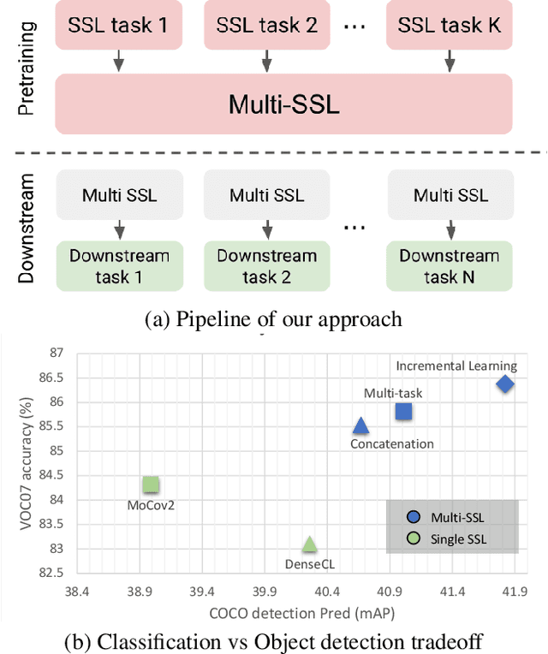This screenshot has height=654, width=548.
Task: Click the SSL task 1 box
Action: pyautogui.click(x=119, y=25)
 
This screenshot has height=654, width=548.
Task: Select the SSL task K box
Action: pyautogui.click(x=450, y=25)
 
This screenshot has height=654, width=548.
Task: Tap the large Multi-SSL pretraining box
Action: pyautogui.click(x=284, y=104)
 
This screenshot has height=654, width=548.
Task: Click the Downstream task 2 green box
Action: pyautogui.click(x=266, y=265)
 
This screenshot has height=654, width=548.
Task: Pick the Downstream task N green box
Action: pyautogui.click(x=450, y=265)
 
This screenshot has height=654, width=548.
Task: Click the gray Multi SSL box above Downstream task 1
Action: pyautogui.click(x=119, y=194)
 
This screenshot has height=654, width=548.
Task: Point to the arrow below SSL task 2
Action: pyautogui.click(x=266, y=60)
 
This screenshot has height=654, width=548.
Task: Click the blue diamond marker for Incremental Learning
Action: pyautogui.click(x=505, y=383)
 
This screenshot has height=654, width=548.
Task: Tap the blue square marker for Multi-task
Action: pyautogui.click(x=403, y=411)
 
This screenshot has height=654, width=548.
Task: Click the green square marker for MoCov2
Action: pyautogui.click(x=151, y=485)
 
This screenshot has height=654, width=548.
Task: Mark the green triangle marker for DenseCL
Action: pyautogui.click(x=309, y=544)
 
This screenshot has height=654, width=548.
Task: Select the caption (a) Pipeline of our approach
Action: pyautogui.click(x=272, y=319)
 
